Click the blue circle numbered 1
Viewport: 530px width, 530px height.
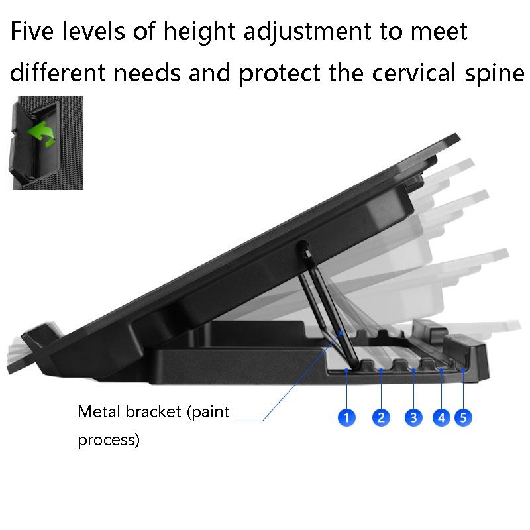(x=346, y=417)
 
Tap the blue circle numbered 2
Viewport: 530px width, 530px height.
(x=381, y=417)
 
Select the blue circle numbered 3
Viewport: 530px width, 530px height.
(x=414, y=417)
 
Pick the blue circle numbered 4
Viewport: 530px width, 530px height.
(x=442, y=417)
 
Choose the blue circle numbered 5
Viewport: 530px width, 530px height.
(x=464, y=417)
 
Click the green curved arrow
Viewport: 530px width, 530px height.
(x=41, y=132)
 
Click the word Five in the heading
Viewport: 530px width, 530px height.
(x=37, y=31)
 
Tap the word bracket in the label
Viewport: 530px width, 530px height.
(x=155, y=412)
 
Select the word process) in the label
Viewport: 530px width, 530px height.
(x=109, y=440)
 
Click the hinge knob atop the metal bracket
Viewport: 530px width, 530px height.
(x=305, y=250)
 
